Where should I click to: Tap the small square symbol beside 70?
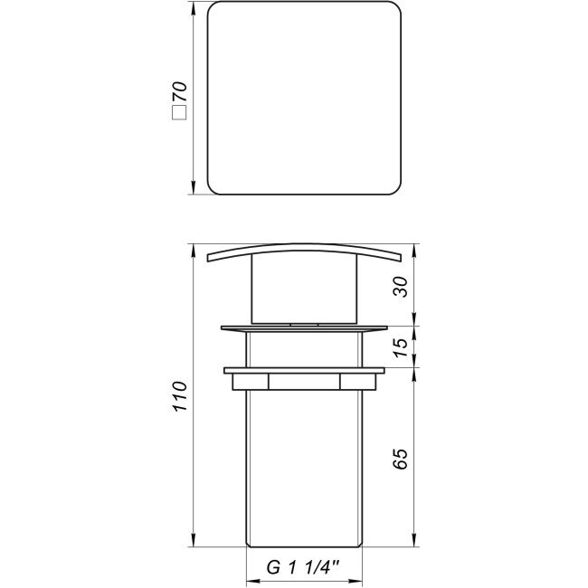pyautogui.click(x=179, y=114)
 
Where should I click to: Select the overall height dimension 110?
pyautogui.click(x=181, y=395)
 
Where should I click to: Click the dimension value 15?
pyautogui.click(x=403, y=346)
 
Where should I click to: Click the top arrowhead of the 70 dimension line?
pyautogui.click(x=194, y=9)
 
